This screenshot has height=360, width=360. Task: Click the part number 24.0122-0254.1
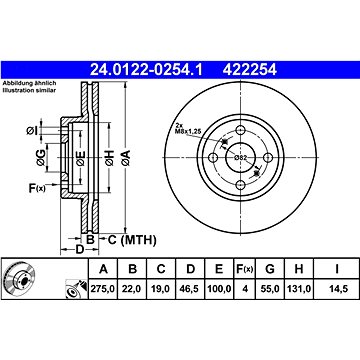coord(146,70)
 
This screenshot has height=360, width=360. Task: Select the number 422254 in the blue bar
coord(250,70)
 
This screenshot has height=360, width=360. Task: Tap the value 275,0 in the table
coord(103,289)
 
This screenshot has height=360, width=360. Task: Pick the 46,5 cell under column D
coord(190,289)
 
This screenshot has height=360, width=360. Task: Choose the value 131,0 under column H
coord(299,289)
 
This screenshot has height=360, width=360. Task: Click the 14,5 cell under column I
coord(337,289)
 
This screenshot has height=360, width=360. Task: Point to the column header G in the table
coord(270,269)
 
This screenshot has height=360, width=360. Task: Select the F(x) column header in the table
coord(245,269)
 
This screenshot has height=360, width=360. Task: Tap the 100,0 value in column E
coord(219,289)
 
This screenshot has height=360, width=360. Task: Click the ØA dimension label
coord(126,158)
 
